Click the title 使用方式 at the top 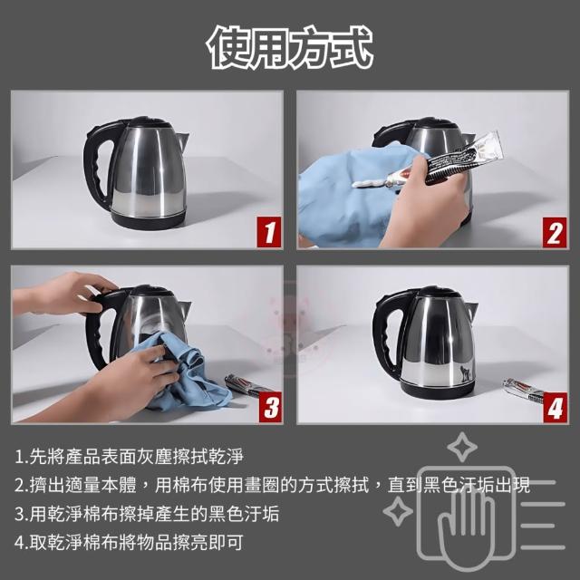290,47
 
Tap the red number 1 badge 269,232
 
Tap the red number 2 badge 555,232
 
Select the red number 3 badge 271,407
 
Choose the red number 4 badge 556,407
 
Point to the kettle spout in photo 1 182,140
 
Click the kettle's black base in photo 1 148,219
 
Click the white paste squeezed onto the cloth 370,182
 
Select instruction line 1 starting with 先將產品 129,457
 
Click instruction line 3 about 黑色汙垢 147,514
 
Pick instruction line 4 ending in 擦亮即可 129,542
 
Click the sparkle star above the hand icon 462,447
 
